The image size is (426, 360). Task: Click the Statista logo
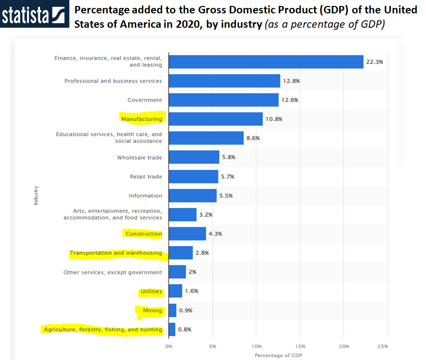click(x=33, y=15)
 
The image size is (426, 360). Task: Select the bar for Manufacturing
click(x=215, y=119)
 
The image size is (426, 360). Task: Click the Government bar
click(x=223, y=100)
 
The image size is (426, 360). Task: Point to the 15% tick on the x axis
click(x=300, y=346)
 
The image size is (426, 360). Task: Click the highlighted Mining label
click(x=153, y=310)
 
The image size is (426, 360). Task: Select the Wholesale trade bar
click(x=194, y=157)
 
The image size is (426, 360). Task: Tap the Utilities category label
click(x=151, y=292)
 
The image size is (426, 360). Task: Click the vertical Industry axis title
click(x=36, y=196)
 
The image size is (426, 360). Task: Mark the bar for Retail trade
click(x=193, y=176)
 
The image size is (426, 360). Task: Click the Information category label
click(x=145, y=196)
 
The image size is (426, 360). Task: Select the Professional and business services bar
click(x=224, y=81)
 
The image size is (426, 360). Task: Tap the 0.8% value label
click(x=185, y=329)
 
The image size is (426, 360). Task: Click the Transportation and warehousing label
click(x=116, y=253)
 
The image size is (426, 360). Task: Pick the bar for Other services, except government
click(x=177, y=272)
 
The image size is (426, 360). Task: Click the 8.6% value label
click(x=253, y=138)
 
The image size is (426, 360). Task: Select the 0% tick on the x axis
click(x=169, y=346)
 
